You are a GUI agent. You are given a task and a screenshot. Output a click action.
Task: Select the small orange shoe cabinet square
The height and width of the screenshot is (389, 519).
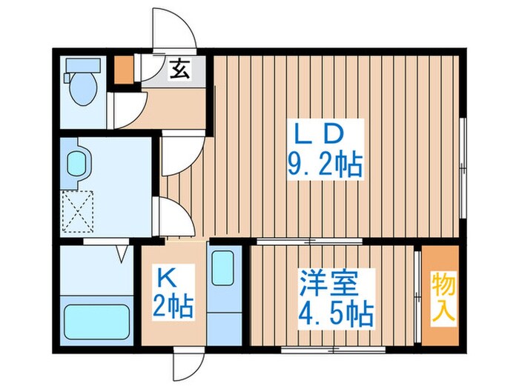pyautogui.click(x=122, y=67)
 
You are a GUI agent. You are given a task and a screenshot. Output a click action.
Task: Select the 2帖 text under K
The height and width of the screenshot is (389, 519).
pyautogui.click(x=173, y=305)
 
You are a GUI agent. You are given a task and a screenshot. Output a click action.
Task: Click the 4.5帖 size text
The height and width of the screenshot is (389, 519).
pyautogui.click(x=335, y=313)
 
